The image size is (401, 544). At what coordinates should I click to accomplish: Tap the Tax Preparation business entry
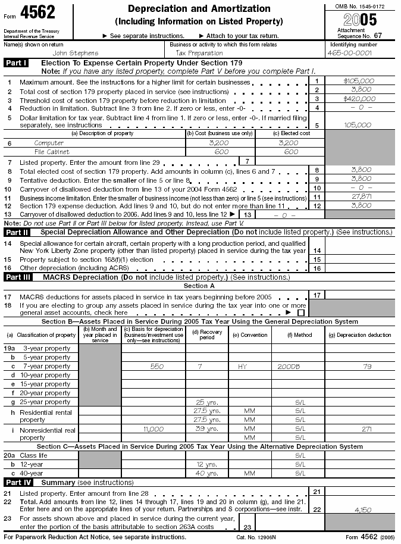pyautogui.click(x=198, y=52)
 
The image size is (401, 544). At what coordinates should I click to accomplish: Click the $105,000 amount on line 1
pyautogui.click(x=359, y=81)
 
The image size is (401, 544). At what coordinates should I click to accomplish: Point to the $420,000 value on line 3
pyautogui.click(x=359, y=99)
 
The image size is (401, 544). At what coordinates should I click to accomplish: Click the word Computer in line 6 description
pyautogui.click(x=49, y=143)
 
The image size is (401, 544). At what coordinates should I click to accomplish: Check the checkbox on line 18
pyautogui.click(x=301, y=312)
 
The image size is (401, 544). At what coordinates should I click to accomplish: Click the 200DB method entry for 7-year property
pyautogui.click(x=288, y=367)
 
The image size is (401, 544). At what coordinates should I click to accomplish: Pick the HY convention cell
pyautogui.click(x=242, y=367)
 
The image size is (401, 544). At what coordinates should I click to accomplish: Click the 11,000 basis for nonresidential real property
pyautogui.click(x=153, y=428)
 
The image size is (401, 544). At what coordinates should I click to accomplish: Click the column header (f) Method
pyautogui.click(x=297, y=335)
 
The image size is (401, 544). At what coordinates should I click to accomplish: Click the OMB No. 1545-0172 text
pyautogui.click(x=361, y=5)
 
